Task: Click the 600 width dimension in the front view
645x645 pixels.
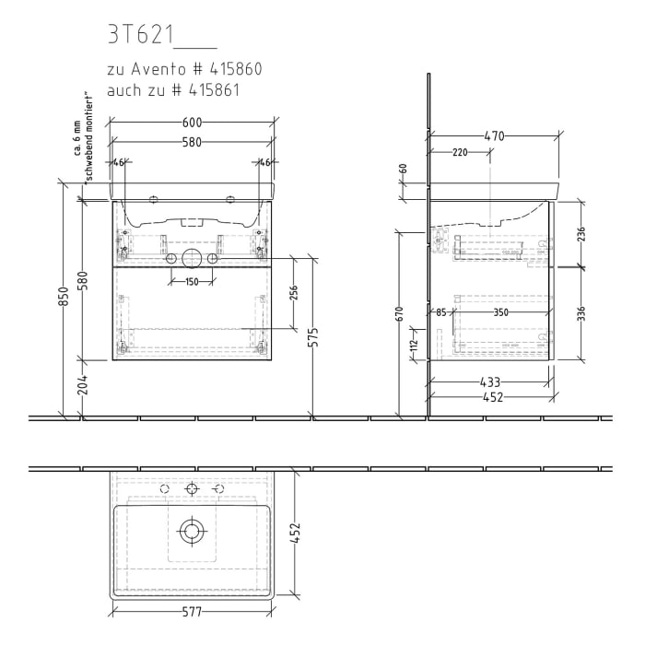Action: point(192,122)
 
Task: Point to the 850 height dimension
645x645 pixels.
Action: point(64,296)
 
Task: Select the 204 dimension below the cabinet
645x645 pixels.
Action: point(83,385)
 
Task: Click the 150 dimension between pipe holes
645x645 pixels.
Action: point(192,282)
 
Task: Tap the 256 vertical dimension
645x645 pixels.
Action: point(294,292)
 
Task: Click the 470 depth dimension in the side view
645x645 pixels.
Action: point(494,136)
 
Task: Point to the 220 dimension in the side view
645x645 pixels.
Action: point(460,153)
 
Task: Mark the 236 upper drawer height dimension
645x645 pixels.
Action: point(580,233)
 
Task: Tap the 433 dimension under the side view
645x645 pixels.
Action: point(489,381)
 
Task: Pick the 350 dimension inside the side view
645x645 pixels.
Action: point(500,313)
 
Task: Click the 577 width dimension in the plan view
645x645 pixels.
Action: point(192,611)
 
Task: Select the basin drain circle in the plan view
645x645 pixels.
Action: point(192,530)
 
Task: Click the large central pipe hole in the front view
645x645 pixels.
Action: point(192,259)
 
